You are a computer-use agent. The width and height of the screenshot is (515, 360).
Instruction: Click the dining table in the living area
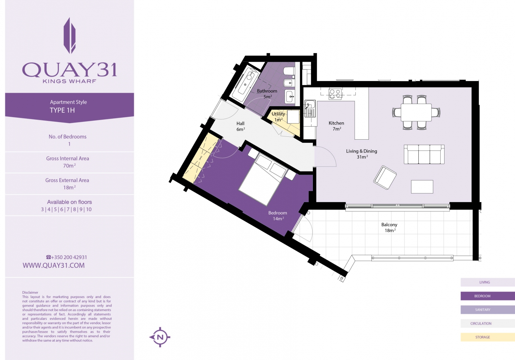416,112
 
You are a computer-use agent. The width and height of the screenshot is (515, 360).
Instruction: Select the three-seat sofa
424,154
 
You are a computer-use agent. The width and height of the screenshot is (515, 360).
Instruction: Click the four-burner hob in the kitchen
335,94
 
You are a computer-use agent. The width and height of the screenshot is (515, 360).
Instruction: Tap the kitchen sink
310,108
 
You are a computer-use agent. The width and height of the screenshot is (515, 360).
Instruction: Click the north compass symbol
160,337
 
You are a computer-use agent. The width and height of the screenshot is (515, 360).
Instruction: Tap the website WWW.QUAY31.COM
53,265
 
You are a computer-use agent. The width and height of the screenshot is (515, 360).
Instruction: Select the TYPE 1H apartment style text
62,110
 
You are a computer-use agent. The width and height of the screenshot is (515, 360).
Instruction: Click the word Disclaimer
30,292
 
